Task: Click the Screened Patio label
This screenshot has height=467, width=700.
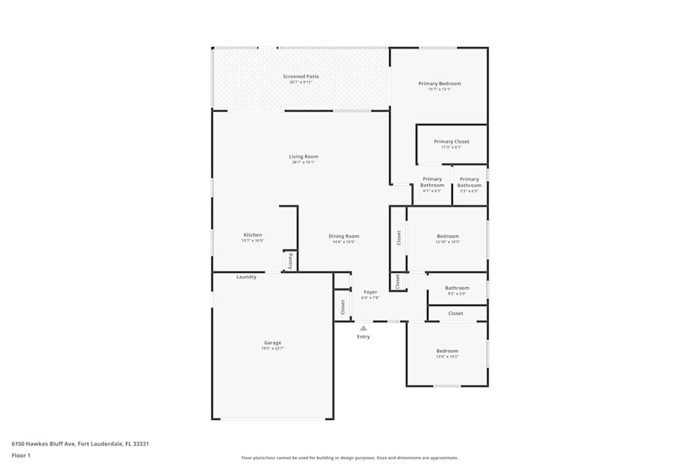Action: pyautogui.click(x=300, y=76)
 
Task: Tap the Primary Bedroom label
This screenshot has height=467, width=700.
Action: pyautogui.click(x=440, y=84)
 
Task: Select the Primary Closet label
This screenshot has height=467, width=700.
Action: pyautogui.click(x=451, y=141)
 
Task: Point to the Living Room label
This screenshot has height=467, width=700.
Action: pyautogui.click(x=303, y=157)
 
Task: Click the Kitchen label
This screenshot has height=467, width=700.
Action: pyautogui.click(x=253, y=235)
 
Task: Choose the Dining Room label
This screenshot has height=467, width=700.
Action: pyautogui.click(x=344, y=237)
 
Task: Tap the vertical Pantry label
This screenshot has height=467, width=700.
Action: pyautogui.click(x=290, y=261)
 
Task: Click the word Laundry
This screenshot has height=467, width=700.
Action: pyautogui.click(x=246, y=277)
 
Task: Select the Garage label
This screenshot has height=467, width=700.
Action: pyautogui.click(x=272, y=343)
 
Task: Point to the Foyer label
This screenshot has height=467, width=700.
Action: pyautogui.click(x=370, y=292)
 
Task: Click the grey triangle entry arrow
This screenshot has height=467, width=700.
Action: pyautogui.click(x=363, y=328)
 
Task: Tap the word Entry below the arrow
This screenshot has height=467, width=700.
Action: pyautogui.click(x=363, y=337)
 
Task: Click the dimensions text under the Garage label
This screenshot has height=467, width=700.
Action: pyautogui.click(x=272, y=349)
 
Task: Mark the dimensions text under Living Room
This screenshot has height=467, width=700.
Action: pyautogui.click(x=303, y=162)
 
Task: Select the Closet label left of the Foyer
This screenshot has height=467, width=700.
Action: pyautogui.click(x=343, y=307)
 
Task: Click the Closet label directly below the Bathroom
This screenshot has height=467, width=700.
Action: pyautogui.click(x=456, y=314)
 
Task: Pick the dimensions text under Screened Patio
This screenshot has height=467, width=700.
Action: pyautogui.click(x=300, y=82)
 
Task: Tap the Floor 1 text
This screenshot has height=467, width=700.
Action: pyautogui.click(x=21, y=455)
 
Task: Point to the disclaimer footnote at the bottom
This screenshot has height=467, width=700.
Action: pyautogui.click(x=349, y=458)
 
